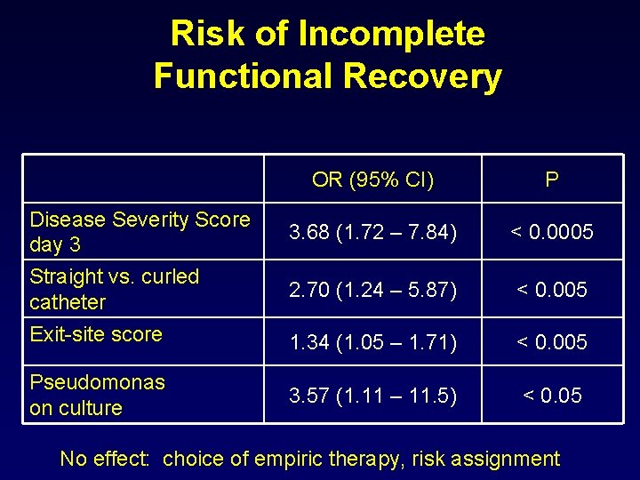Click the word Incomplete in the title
click(x=391, y=34)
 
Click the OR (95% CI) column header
click(x=373, y=180)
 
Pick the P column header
click(x=552, y=180)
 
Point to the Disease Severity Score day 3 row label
click(x=140, y=231)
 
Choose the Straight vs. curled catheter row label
click(x=114, y=289)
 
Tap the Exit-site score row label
click(x=96, y=334)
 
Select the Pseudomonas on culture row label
click(x=97, y=395)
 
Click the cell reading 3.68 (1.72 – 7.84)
click(x=373, y=233)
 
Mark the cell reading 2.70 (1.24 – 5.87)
click(x=373, y=290)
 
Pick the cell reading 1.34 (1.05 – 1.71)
click(x=373, y=342)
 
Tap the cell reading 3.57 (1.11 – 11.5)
click(x=373, y=396)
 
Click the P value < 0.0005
click(x=552, y=233)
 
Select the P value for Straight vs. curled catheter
click(x=552, y=290)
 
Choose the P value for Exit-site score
click(x=552, y=342)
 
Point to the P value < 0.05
click(x=552, y=396)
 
